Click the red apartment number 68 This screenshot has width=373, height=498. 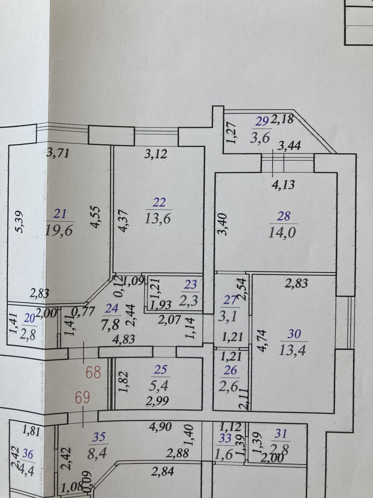(93, 373)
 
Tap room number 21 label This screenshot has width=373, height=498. (60, 214)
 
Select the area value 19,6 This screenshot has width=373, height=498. (59, 230)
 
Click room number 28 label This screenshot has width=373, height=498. (283, 216)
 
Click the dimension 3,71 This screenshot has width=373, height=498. (58, 153)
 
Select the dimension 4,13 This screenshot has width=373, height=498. (283, 185)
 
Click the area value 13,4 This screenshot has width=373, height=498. (292, 350)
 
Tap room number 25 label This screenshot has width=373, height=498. (160, 370)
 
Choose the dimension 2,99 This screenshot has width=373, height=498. (157, 401)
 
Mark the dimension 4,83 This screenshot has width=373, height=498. (124, 339)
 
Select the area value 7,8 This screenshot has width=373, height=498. (110, 325)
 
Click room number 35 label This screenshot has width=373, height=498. (99, 437)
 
